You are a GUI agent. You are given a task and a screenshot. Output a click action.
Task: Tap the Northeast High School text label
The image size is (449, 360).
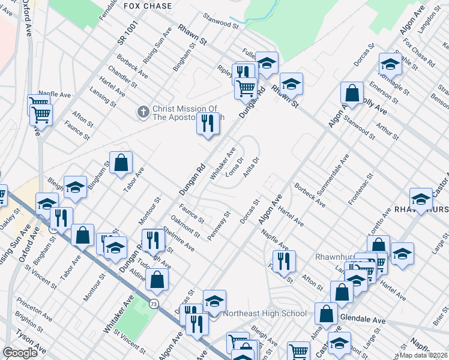pos(265,314)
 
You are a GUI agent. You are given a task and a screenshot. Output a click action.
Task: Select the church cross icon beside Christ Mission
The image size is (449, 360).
pos(143,112)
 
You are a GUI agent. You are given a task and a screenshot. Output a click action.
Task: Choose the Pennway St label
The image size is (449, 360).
pos(218,226)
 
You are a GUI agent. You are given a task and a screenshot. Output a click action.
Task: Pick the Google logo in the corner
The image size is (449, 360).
pos(20,353)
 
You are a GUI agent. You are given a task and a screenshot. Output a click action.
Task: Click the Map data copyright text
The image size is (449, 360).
pos(423,355)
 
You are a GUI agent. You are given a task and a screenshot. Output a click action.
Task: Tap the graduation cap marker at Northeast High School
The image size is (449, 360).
pos(214,302)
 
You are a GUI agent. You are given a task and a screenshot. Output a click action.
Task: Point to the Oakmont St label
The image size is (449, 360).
pos(184,226)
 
